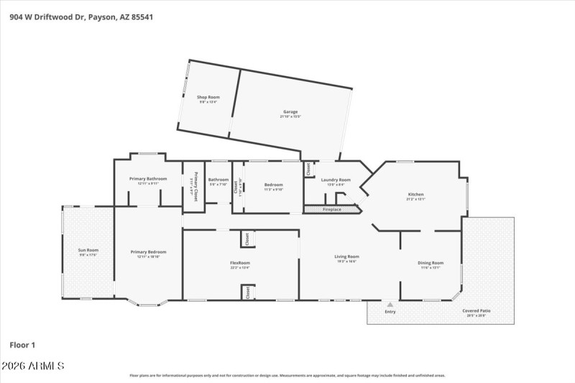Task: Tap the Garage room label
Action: tap(290, 112)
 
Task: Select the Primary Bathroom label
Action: tap(148, 178)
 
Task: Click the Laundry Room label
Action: tap(336, 180)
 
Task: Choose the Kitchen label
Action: tap(415, 195)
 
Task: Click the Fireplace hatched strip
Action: tap(331, 210)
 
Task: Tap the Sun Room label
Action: tap(88, 250)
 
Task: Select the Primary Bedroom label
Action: tap(148, 252)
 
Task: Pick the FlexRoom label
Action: tap(239, 264)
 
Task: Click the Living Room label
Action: tap(346, 257)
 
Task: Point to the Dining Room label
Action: tap(431, 263)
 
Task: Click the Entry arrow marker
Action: tap(390, 305)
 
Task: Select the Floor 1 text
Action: tap(22, 345)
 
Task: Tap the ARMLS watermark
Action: tap(33, 366)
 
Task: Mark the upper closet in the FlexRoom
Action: tap(246, 237)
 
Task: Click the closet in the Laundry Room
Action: tap(308, 170)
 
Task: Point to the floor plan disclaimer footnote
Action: tap(287, 375)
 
